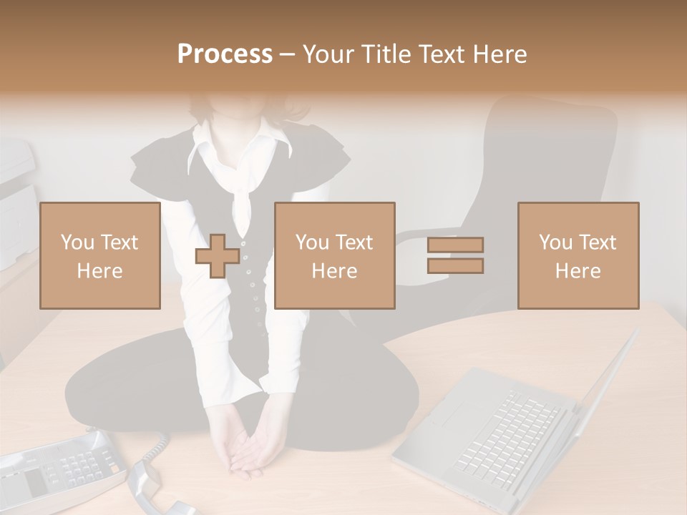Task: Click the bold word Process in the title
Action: [x=225, y=54]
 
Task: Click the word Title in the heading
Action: [x=386, y=54]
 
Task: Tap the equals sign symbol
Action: [x=455, y=255]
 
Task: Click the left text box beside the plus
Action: [x=99, y=255]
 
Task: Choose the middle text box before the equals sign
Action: [x=335, y=255]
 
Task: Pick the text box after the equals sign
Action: [x=578, y=255]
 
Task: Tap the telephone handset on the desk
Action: [x=154, y=486]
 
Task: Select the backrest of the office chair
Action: [x=551, y=165]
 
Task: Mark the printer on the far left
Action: [x=16, y=200]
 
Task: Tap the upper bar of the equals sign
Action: [x=455, y=245]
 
